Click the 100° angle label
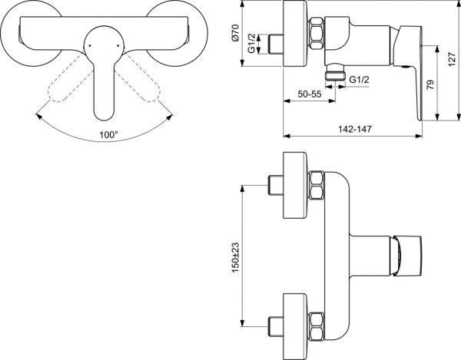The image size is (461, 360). click(x=108, y=134)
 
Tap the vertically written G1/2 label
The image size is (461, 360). click(x=262, y=44)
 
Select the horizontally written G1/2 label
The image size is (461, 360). click(x=360, y=79)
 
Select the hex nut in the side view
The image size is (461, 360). click(x=315, y=35)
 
